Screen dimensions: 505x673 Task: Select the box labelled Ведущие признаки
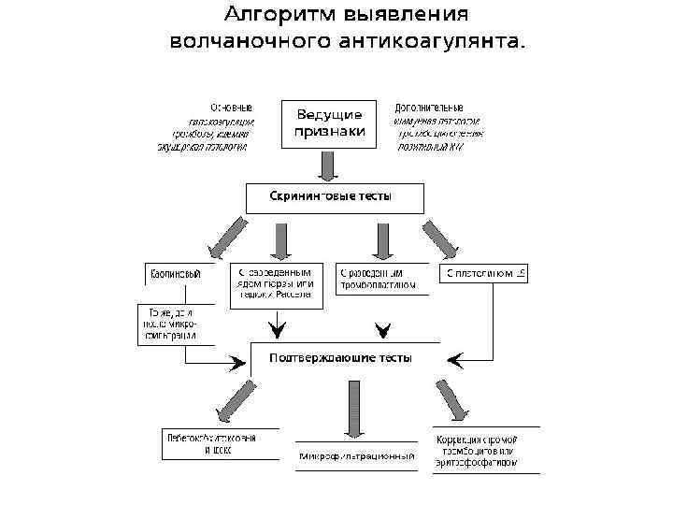point(329,123)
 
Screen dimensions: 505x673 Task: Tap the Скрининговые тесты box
point(335,197)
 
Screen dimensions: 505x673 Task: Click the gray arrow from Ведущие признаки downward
point(328,165)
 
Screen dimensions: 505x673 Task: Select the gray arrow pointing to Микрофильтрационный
point(355,408)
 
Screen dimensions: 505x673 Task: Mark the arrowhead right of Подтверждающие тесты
point(456,358)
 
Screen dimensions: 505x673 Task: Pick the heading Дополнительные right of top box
point(429,107)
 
